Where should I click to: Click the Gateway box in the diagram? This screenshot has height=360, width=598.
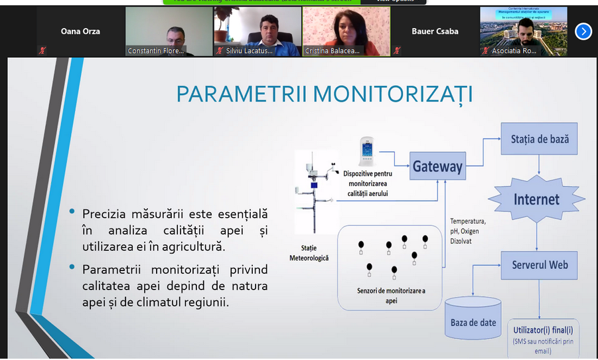(x=437, y=166)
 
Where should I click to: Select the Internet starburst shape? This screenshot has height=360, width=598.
(x=536, y=199)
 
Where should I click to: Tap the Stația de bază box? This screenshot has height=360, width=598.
(x=540, y=139)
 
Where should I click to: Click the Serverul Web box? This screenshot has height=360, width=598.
(x=540, y=264)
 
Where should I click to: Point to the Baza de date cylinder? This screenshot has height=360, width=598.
(x=473, y=316)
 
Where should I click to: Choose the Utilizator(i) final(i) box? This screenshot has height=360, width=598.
(x=543, y=335)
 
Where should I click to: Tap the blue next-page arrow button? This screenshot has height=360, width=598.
(x=583, y=31)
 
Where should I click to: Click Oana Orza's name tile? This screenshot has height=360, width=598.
(x=80, y=31)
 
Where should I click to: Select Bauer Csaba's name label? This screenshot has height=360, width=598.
(x=435, y=31)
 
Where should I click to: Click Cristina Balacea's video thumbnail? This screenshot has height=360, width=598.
(x=346, y=31)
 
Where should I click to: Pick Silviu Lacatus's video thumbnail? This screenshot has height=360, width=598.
(x=257, y=31)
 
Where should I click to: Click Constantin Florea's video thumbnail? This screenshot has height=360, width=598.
(x=169, y=31)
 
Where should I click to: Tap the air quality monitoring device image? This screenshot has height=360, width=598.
(x=366, y=152)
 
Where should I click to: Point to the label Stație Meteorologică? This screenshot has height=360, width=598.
(x=309, y=252)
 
